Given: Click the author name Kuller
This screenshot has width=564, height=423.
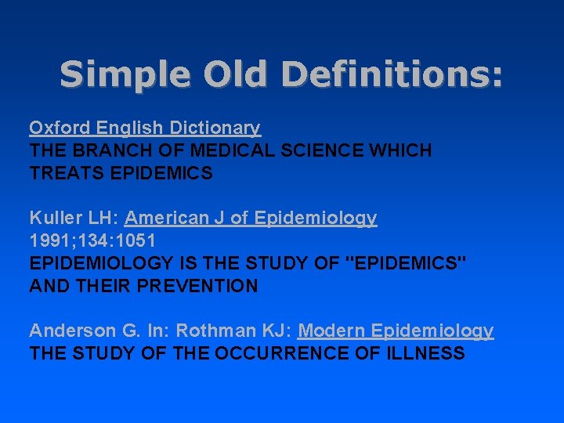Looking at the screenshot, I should pos(52,218).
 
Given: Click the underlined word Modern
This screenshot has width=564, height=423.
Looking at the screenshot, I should pos(332,331).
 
